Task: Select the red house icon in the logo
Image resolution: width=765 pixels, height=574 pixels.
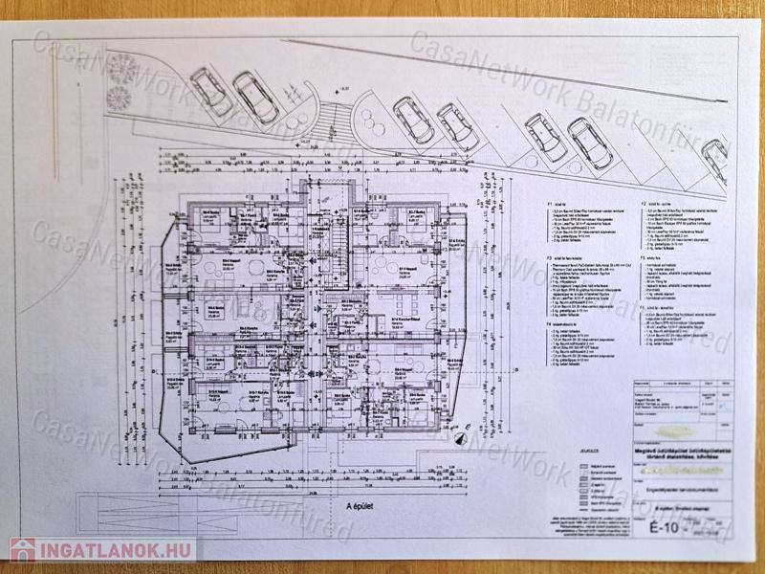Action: coord(22,550)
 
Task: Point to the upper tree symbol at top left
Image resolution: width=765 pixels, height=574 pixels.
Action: coord(120,68)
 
